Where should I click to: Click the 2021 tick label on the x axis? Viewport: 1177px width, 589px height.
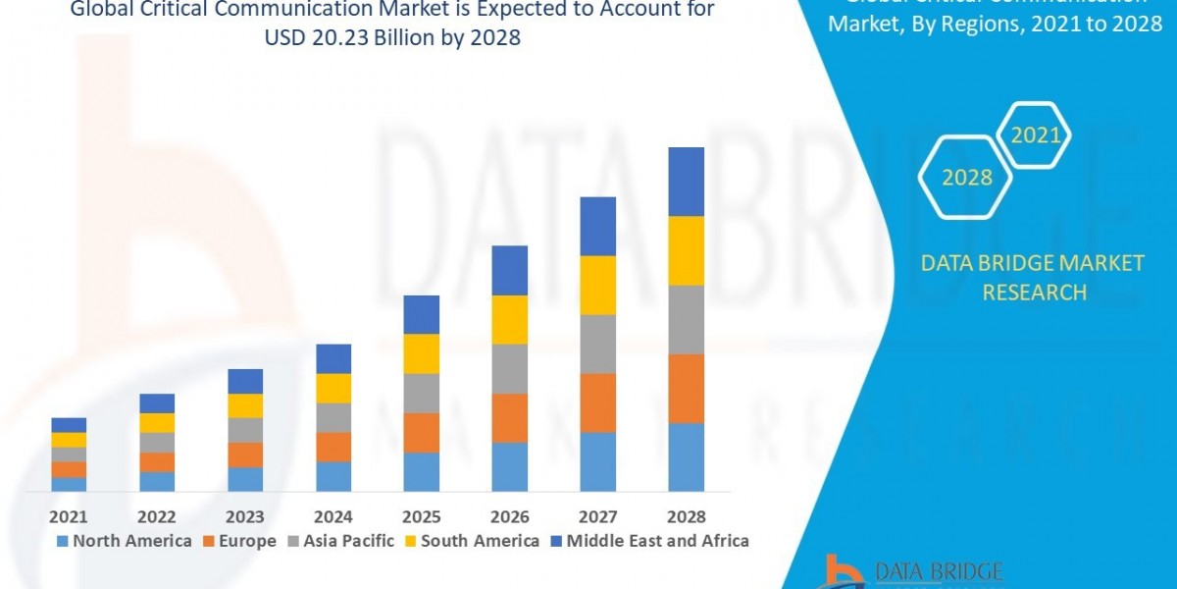pos(69,516)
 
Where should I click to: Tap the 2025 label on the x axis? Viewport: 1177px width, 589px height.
pos(421,516)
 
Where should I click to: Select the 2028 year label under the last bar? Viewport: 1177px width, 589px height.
pos(686,516)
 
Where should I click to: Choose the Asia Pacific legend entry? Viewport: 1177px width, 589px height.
pos(339,541)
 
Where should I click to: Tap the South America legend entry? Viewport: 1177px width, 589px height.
pos(471,541)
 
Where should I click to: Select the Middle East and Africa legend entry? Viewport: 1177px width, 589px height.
pos(650,541)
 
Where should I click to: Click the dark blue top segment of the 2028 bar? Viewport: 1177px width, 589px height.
pos(686,182)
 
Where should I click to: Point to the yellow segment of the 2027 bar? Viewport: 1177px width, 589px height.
pos(597,285)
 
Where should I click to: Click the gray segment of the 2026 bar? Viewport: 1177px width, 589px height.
pos(509,368)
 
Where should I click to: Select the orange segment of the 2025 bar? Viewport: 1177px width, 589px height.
pos(421,432)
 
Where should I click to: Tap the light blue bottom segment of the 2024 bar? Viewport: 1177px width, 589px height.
pos(333,476)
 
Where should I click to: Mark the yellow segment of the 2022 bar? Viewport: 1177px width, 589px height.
pos(157,422)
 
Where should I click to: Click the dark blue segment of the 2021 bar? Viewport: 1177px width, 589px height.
pos(69,424)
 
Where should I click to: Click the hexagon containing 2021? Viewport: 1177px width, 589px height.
pos(1035,135)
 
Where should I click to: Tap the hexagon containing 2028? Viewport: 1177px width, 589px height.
pos(966,178)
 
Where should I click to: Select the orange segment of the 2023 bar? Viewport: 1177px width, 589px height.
pos(245,455)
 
